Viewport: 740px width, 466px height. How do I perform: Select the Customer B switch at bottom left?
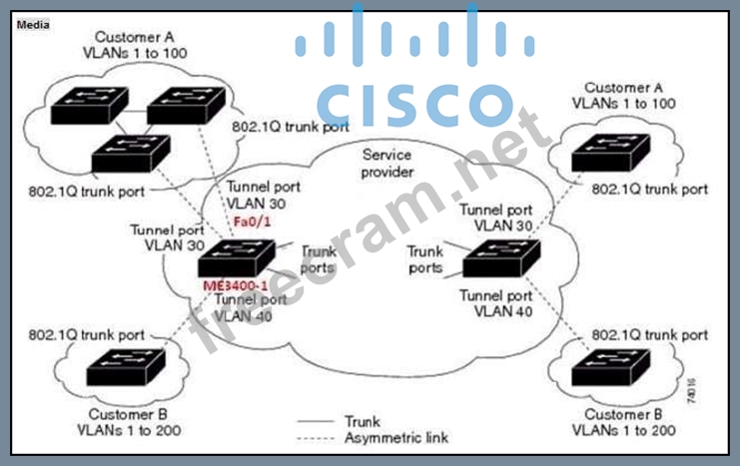pos(127,370)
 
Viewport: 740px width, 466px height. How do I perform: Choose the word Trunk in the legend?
pos(361,421)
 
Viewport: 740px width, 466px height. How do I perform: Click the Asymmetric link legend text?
pos(395,438)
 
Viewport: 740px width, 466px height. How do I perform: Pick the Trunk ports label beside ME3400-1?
pos(319,259)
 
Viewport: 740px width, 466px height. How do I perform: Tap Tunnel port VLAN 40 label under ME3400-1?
pos(245,305)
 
